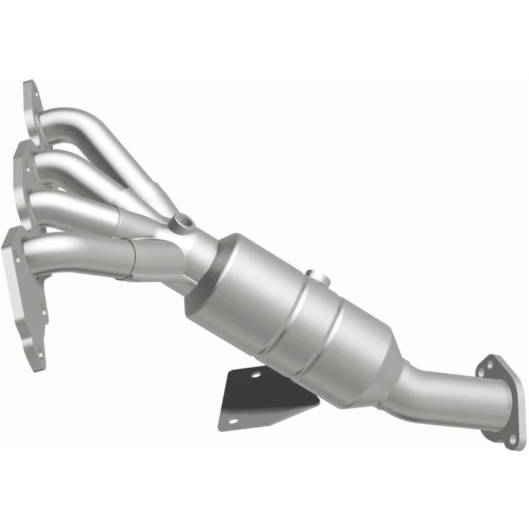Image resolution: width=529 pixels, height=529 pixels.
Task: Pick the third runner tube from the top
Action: (x=73, y=202)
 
